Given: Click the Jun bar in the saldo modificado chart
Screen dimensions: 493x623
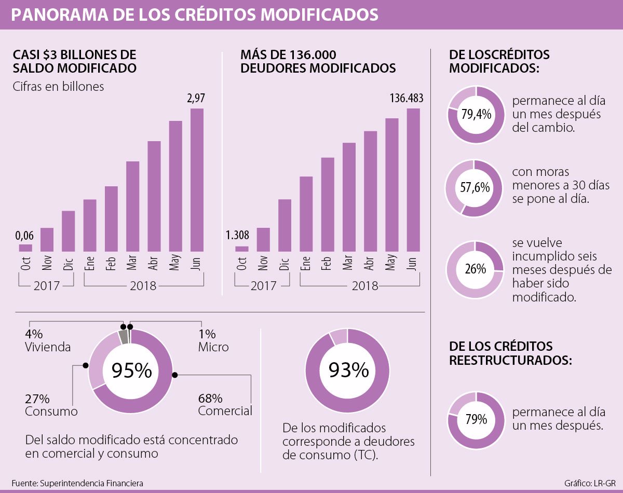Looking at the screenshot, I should point(197,180).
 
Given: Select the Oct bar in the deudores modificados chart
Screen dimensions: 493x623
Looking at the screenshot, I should point(241,249).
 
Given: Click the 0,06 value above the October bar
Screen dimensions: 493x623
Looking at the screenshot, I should point(24,236).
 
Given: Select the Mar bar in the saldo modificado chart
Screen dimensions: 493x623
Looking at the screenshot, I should point(133,207).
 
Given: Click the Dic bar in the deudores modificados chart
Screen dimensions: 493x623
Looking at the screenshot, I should point(285,225).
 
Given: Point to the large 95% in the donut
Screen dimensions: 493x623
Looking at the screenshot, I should point(131,371).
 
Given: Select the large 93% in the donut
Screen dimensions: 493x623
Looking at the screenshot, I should point(347,371).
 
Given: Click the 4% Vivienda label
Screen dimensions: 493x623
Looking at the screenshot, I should point(47,340).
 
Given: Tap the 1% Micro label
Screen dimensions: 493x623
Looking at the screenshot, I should point(213,340).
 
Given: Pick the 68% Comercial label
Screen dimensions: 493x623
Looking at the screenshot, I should point(224,405).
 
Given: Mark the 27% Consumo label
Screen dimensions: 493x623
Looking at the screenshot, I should point(51,405).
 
